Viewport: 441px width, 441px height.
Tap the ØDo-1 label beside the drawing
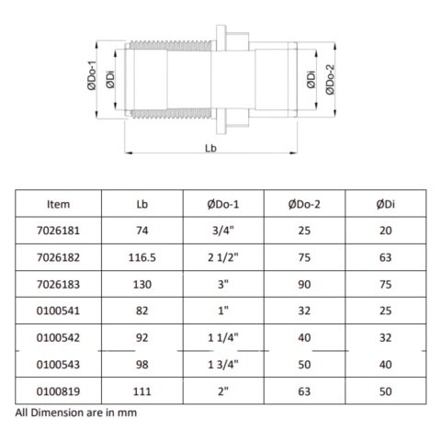point(94,80)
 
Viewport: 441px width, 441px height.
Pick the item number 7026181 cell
point(58,233)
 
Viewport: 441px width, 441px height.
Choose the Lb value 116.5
point(141,260)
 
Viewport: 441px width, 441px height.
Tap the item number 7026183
point(58,287)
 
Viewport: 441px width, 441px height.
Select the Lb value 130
point(141,287)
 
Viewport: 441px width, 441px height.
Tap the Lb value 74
point(141,233)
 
